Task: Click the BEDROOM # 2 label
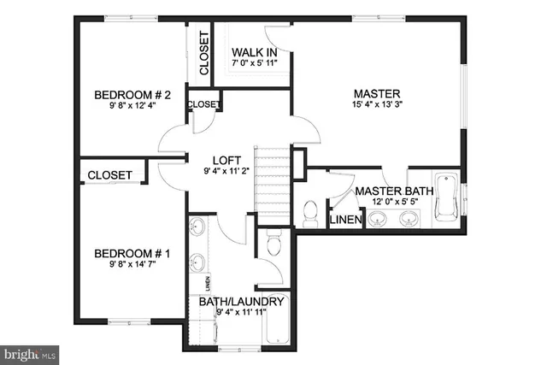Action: click(x=132, y=95)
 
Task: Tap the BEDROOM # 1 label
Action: click(x=132, y=254)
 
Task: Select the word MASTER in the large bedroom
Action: click(x=377, y=93)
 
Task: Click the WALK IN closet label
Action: click(x=258, y=52)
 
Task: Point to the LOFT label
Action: click(x=225, y=160)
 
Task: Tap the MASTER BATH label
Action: click(x=394, y=191)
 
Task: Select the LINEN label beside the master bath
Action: click(x=345, y=221)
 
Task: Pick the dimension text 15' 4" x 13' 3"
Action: click(x=377, y=105)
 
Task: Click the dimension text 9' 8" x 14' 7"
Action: click(x=132, y=265)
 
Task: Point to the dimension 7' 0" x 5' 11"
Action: click(x=258, y=63)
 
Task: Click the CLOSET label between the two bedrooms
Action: click(x=110, y=175)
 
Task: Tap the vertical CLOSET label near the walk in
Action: click(x=203, y=52)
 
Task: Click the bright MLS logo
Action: click(x=30, y=352)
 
